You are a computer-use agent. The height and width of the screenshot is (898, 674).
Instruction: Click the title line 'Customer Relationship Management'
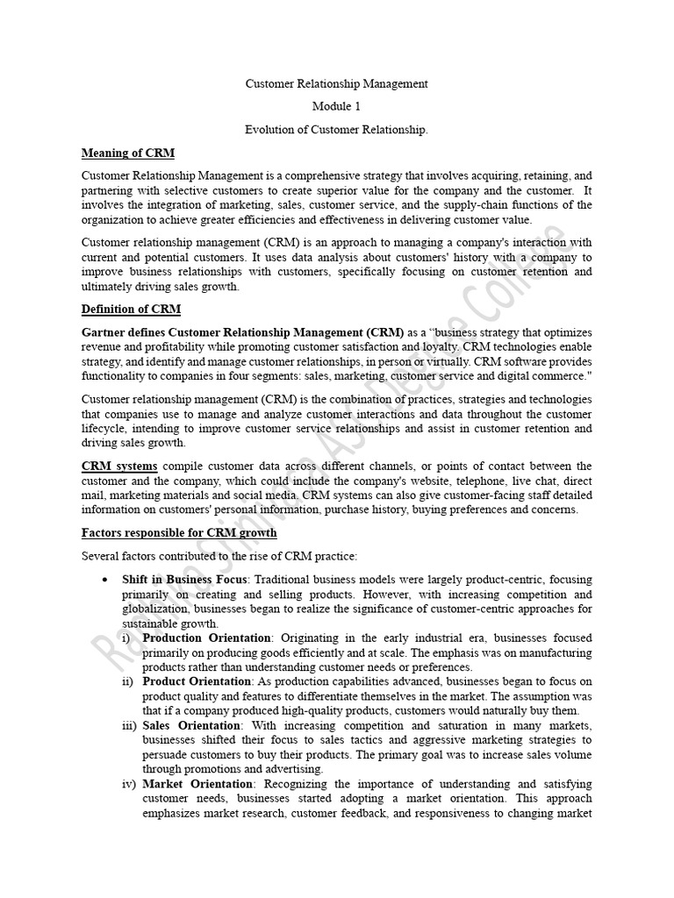[x=336, y=84]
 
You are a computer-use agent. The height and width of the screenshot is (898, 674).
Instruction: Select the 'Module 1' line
[x=336, y=107]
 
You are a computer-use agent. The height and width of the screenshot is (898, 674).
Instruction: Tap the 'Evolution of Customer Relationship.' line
[x=336, y=130]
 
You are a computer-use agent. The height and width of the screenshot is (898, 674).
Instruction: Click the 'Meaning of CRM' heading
[x=128, y=153]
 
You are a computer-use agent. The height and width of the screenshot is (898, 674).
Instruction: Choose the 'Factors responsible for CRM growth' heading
[x=179, y=532]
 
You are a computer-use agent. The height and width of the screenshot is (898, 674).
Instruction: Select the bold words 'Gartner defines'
[x=123, y=332]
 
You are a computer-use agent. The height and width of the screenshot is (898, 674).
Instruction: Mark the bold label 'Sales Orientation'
[x=191, y=726]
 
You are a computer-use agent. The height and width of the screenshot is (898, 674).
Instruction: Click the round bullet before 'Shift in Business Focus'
[x=105, y=581]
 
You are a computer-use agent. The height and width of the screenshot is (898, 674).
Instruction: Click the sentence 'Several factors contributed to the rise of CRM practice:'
[x=219, y=556]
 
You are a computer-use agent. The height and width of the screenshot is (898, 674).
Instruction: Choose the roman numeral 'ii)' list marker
[x=128, y=682]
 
